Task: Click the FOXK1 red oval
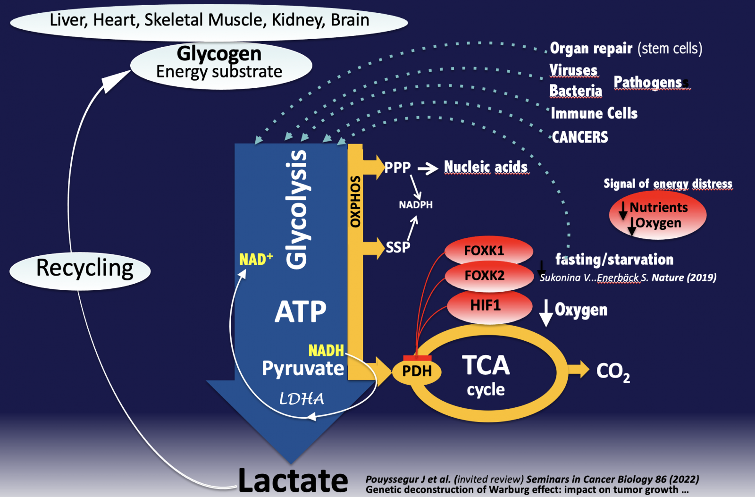coord(489,251)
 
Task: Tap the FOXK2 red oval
coord(489,276)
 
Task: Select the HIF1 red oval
coord(490,306)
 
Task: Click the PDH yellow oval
coord(417,371)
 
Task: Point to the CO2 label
coord(613,372)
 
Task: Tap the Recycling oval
coord(80,271)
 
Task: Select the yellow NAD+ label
coord(256,259)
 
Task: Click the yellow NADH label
coord(326,351)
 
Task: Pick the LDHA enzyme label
coord(302,399)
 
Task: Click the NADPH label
coord(416,205)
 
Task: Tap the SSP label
coord(398,247)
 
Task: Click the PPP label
coord(397,168)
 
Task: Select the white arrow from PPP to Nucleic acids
coord(428,168)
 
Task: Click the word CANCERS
coord(580,137)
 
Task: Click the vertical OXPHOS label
coord(355,201)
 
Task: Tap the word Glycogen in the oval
coord(219,54)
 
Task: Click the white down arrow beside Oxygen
coord(545,313)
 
